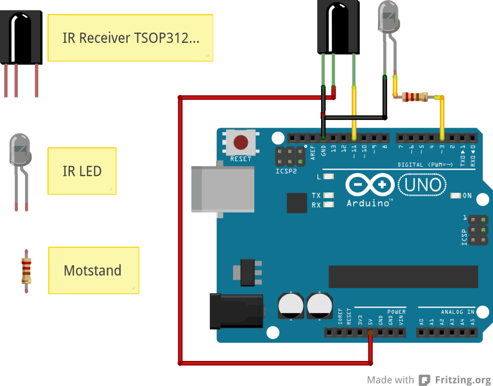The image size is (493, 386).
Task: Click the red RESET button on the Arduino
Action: [240, 143]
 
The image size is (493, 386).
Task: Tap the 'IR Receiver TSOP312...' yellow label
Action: [130, 38]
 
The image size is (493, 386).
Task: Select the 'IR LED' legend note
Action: [82, 171]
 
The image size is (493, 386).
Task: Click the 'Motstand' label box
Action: [93, 270]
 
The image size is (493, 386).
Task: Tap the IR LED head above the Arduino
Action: [389, 16]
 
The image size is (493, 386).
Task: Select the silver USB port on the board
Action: [222, 188]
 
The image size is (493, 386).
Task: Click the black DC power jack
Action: [236, 311]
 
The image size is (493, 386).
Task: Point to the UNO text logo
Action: [423, 185]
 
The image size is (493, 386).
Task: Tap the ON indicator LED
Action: [455, 196]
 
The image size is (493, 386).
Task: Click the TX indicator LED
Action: [329, 196]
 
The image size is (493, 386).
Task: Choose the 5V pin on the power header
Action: [370, 333]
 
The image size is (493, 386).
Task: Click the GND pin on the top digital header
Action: [323, 138]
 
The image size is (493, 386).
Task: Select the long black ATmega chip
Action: [403, 276]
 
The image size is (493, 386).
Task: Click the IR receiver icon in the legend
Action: [22, 39]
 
